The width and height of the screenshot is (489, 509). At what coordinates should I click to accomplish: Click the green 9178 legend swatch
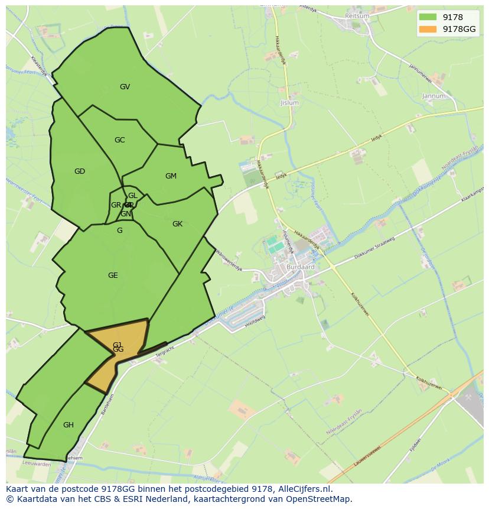pyautogui.click(x=428, y=18)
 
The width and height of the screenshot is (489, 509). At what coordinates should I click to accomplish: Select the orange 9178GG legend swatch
pyautogui.click(x=428, y=29)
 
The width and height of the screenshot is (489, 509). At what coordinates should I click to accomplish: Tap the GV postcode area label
pyautogui.click(x=125, y=87)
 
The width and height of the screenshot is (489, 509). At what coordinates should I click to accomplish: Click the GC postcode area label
pyautogui.click(x=119, y=140)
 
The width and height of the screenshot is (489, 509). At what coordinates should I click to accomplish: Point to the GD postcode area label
pyautogui.click(x=80, y=171)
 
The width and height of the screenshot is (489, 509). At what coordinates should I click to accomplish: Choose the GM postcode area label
pyautogui.click(x=171, y=176)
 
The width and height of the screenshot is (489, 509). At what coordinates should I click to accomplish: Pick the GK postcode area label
pyautogui.click(x=177, y=224)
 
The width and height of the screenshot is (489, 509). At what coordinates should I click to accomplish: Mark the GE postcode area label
pyautogui.click(x=113, y=275)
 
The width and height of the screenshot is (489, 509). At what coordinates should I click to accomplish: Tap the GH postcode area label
pyautogui.click(x=69, y=424)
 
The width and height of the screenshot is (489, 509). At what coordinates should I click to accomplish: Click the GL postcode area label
pyautogui.click(x=132, y=196)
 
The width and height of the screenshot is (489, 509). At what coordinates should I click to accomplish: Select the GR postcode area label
pyautogui.click(x=116, y=205)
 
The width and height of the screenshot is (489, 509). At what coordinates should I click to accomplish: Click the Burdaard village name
pyautogui.click(x=301, y=267)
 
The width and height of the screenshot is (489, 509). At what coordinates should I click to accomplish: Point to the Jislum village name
pyautogui.click(x=290, y=103)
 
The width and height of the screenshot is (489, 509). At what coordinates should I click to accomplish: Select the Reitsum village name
pyautogui.click(x=357, y=16)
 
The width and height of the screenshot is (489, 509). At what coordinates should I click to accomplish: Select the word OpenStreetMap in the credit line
pyautogui.click(x=320, y=499)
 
